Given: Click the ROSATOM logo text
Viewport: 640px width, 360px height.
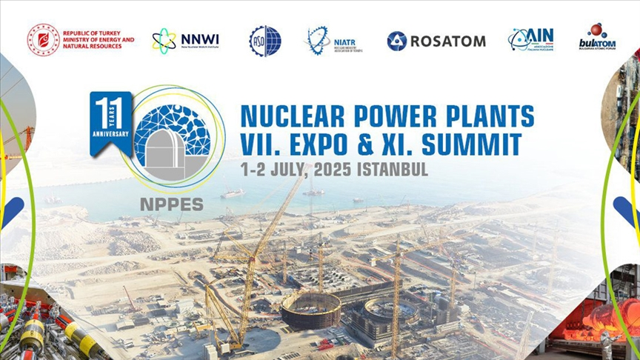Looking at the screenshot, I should [x=447, y=41].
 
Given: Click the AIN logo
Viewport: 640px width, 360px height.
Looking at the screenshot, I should [x=531, y=39].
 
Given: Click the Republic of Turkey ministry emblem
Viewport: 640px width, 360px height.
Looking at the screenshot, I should [x=44, y=39].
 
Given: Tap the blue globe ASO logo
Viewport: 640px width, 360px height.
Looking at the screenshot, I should [x=265, y=40].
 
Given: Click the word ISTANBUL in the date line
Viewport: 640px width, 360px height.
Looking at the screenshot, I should [x=393, y=169].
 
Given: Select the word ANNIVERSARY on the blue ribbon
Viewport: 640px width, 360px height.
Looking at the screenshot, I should [x=110, y=134].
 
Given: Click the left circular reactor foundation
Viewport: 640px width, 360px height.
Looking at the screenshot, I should [x=311, y=309].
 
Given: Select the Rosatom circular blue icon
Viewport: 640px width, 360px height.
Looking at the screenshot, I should [x=396, y=41].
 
